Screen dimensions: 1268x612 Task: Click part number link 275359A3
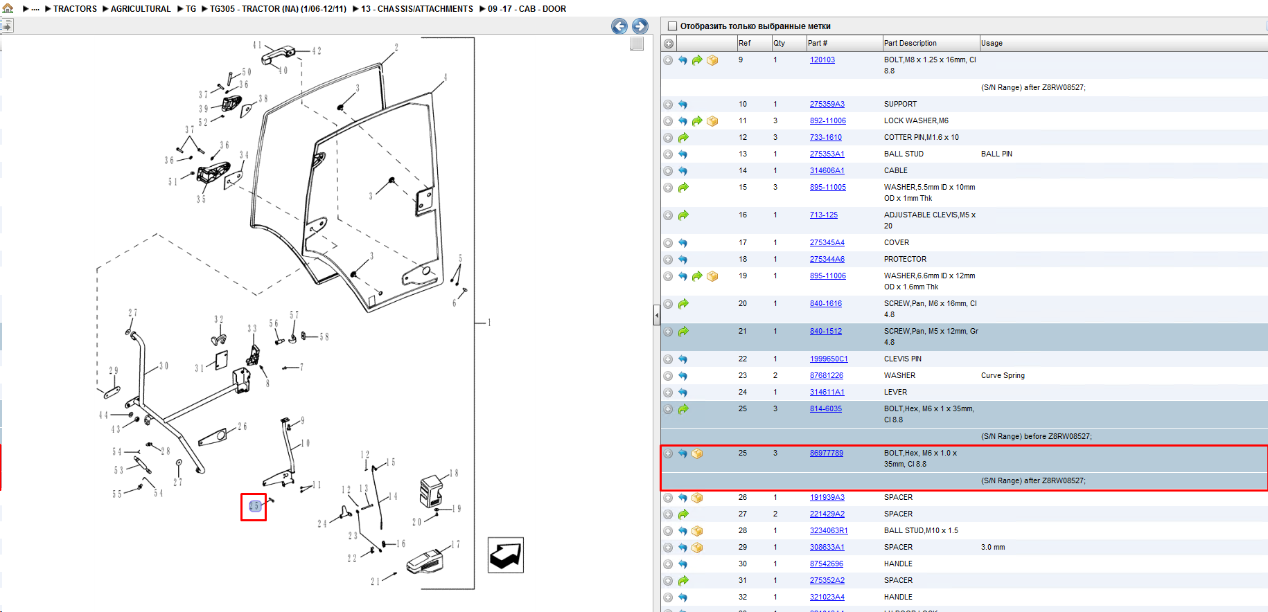827,104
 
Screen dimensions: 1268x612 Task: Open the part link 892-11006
827,120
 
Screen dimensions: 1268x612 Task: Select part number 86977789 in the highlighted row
826,453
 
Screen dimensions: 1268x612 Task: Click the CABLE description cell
895,170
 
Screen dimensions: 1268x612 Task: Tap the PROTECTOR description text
905,259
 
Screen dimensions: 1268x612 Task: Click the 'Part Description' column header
910,43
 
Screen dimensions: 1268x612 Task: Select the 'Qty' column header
779,43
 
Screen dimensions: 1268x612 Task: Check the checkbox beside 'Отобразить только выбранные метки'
671,26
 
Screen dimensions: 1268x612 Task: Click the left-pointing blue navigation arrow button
619,26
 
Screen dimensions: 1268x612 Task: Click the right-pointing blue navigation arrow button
640,26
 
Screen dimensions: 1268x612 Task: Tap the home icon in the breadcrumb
8,8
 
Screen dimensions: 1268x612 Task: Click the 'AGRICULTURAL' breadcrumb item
141,9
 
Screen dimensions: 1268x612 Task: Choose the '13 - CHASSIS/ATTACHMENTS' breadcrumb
417,9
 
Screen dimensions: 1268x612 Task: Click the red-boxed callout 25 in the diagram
254,507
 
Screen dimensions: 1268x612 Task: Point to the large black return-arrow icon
506,555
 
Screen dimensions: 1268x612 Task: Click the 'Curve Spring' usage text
1003,375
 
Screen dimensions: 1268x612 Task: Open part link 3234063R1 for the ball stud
829,530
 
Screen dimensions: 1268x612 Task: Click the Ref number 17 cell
743,242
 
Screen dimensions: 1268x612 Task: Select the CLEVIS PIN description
902,359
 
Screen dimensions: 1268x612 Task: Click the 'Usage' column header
992,43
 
